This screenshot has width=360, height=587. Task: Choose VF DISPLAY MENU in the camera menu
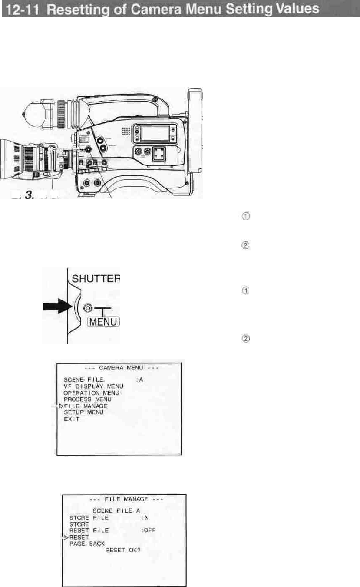(x=93, y=386)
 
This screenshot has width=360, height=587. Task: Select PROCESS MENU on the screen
(x=87, y=399)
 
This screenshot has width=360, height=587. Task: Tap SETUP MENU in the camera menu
(x=83, y=412)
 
